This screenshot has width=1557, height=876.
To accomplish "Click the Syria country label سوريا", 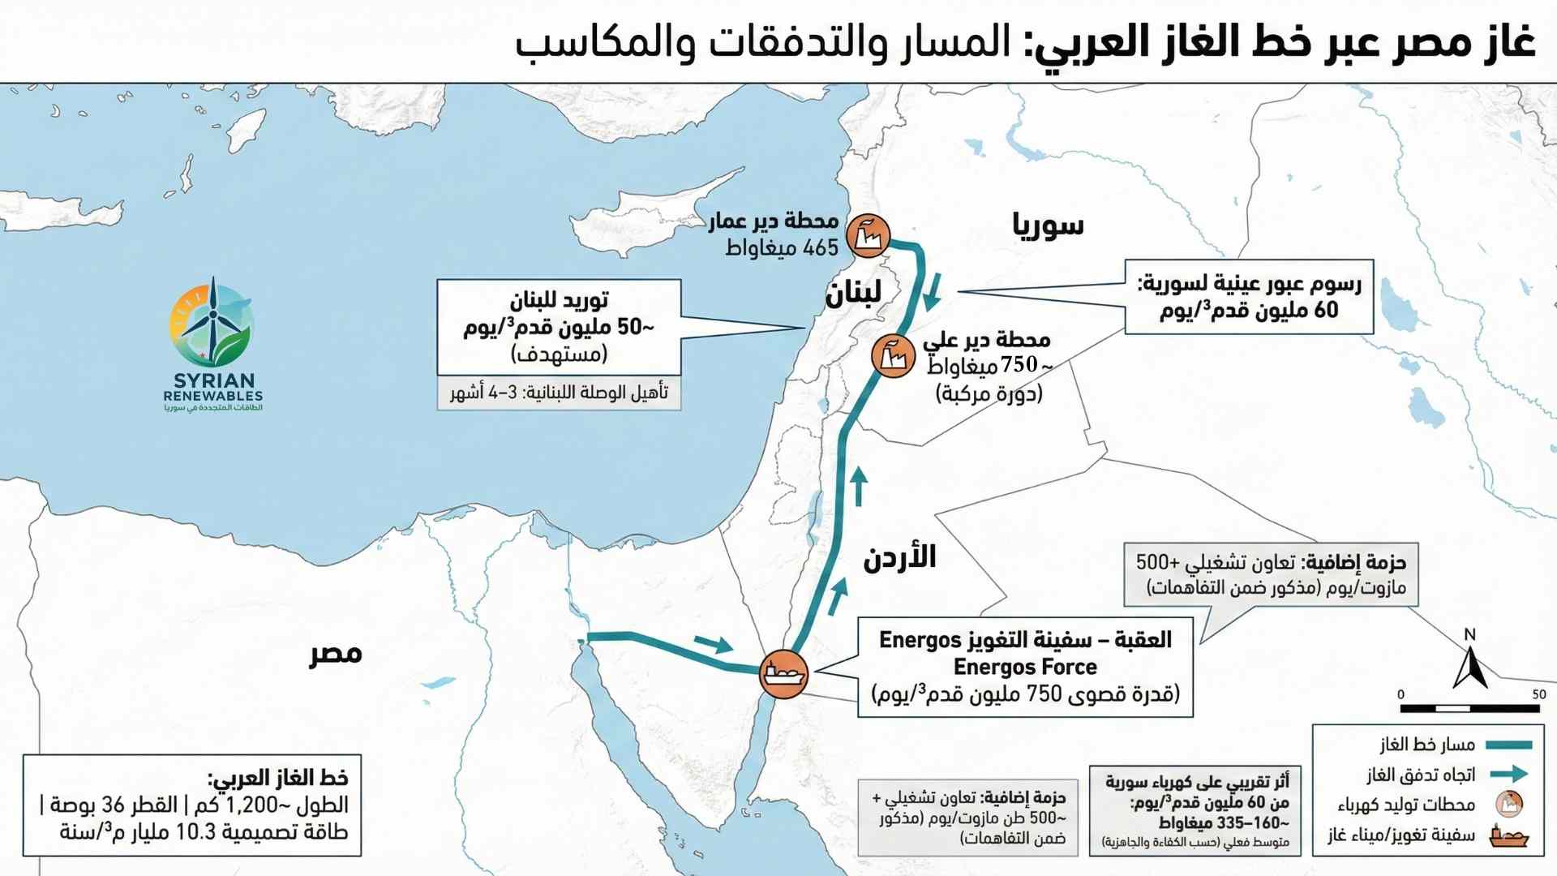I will point(1048,225).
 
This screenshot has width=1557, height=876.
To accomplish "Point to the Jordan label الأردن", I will point(899,557).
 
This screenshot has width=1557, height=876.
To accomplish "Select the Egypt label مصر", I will point(336,654).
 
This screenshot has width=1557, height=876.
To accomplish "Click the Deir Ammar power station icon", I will point(868,236).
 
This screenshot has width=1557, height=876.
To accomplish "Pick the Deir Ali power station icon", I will point(893,355).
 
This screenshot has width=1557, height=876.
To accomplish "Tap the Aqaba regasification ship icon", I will point(783,673).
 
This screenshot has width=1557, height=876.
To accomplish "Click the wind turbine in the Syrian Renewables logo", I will point(212,320).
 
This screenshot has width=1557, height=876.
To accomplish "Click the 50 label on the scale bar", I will point(1538,694).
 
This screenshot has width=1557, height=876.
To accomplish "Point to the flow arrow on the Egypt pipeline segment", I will point(714,645).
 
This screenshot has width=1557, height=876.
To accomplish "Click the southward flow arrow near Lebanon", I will point(933,293).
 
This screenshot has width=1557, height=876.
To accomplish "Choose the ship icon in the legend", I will point(1508,837).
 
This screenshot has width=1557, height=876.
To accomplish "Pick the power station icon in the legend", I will point(1509,805).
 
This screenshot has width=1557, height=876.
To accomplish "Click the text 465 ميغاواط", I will point(782,248).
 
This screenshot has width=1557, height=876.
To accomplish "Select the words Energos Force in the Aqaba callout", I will point(1025,668).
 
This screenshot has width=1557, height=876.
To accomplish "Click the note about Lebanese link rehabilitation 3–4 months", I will point(559,393).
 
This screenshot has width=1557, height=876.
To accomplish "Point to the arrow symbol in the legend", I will point(1508,775).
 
